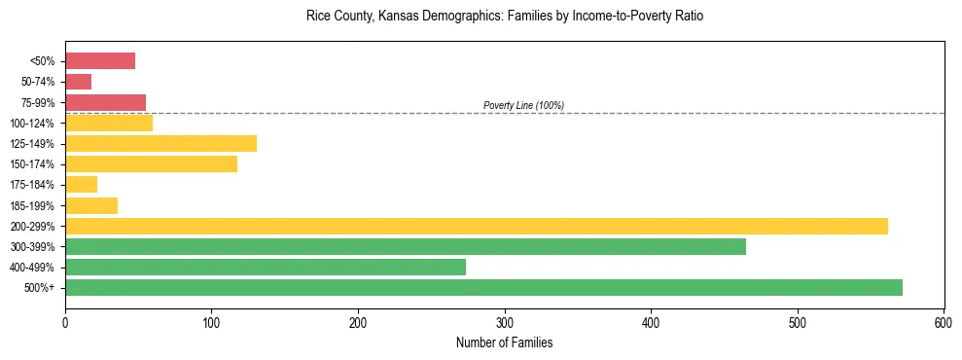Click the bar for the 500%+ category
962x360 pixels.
[483, 287]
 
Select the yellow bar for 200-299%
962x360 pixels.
[477, 226]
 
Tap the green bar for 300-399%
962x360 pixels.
[405, 246]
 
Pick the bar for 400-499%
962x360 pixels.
[266, 267]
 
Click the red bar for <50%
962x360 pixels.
[100, 61]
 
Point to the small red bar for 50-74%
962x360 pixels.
[78, 82]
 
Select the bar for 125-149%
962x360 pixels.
[160, 143]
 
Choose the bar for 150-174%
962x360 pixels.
[151, 164]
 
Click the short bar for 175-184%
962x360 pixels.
[81, 185]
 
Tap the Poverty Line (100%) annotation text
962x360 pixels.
[523, 105]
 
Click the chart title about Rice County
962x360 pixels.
[504, 17]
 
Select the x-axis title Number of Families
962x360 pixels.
[504, 342]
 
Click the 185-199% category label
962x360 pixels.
[37, 205]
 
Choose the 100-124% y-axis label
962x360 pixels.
[37, 124]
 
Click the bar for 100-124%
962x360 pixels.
[109, 123]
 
